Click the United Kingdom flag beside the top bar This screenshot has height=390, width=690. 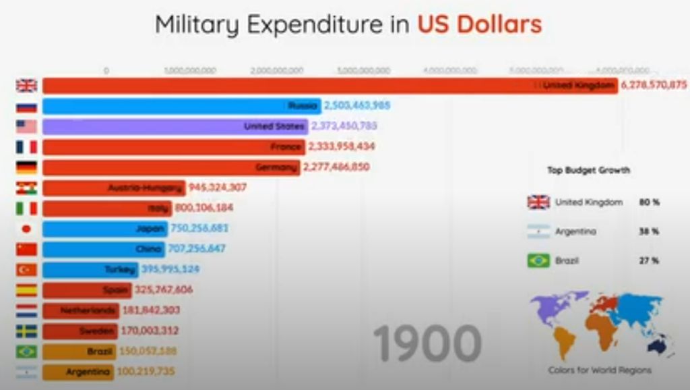click(x=27, y=86)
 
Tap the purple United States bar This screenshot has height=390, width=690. click(x=175, y=126)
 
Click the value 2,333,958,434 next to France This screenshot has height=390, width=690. click(x=342, y=146)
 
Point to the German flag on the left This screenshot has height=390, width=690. click(x=27, y=167)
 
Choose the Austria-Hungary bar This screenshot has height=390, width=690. click(x=113, y=188)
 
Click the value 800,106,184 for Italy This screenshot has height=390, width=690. click(x=204, y=208)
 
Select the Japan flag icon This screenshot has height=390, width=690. click(x=27, y=229)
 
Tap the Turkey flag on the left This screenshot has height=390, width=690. click(x=27, y=270)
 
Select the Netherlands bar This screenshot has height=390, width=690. click(x=80, y=310)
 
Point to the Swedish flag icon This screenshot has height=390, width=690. click(x=27, y=331)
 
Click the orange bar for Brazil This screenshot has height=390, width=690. click(x=80, y=352)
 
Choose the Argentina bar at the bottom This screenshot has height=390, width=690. click(x=77, y=372)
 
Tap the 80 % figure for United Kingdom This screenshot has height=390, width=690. click(x=650, y=202)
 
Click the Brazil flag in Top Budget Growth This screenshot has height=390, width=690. click(x=538, y=260)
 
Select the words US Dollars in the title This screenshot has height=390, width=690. click(x=479, y=25)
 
